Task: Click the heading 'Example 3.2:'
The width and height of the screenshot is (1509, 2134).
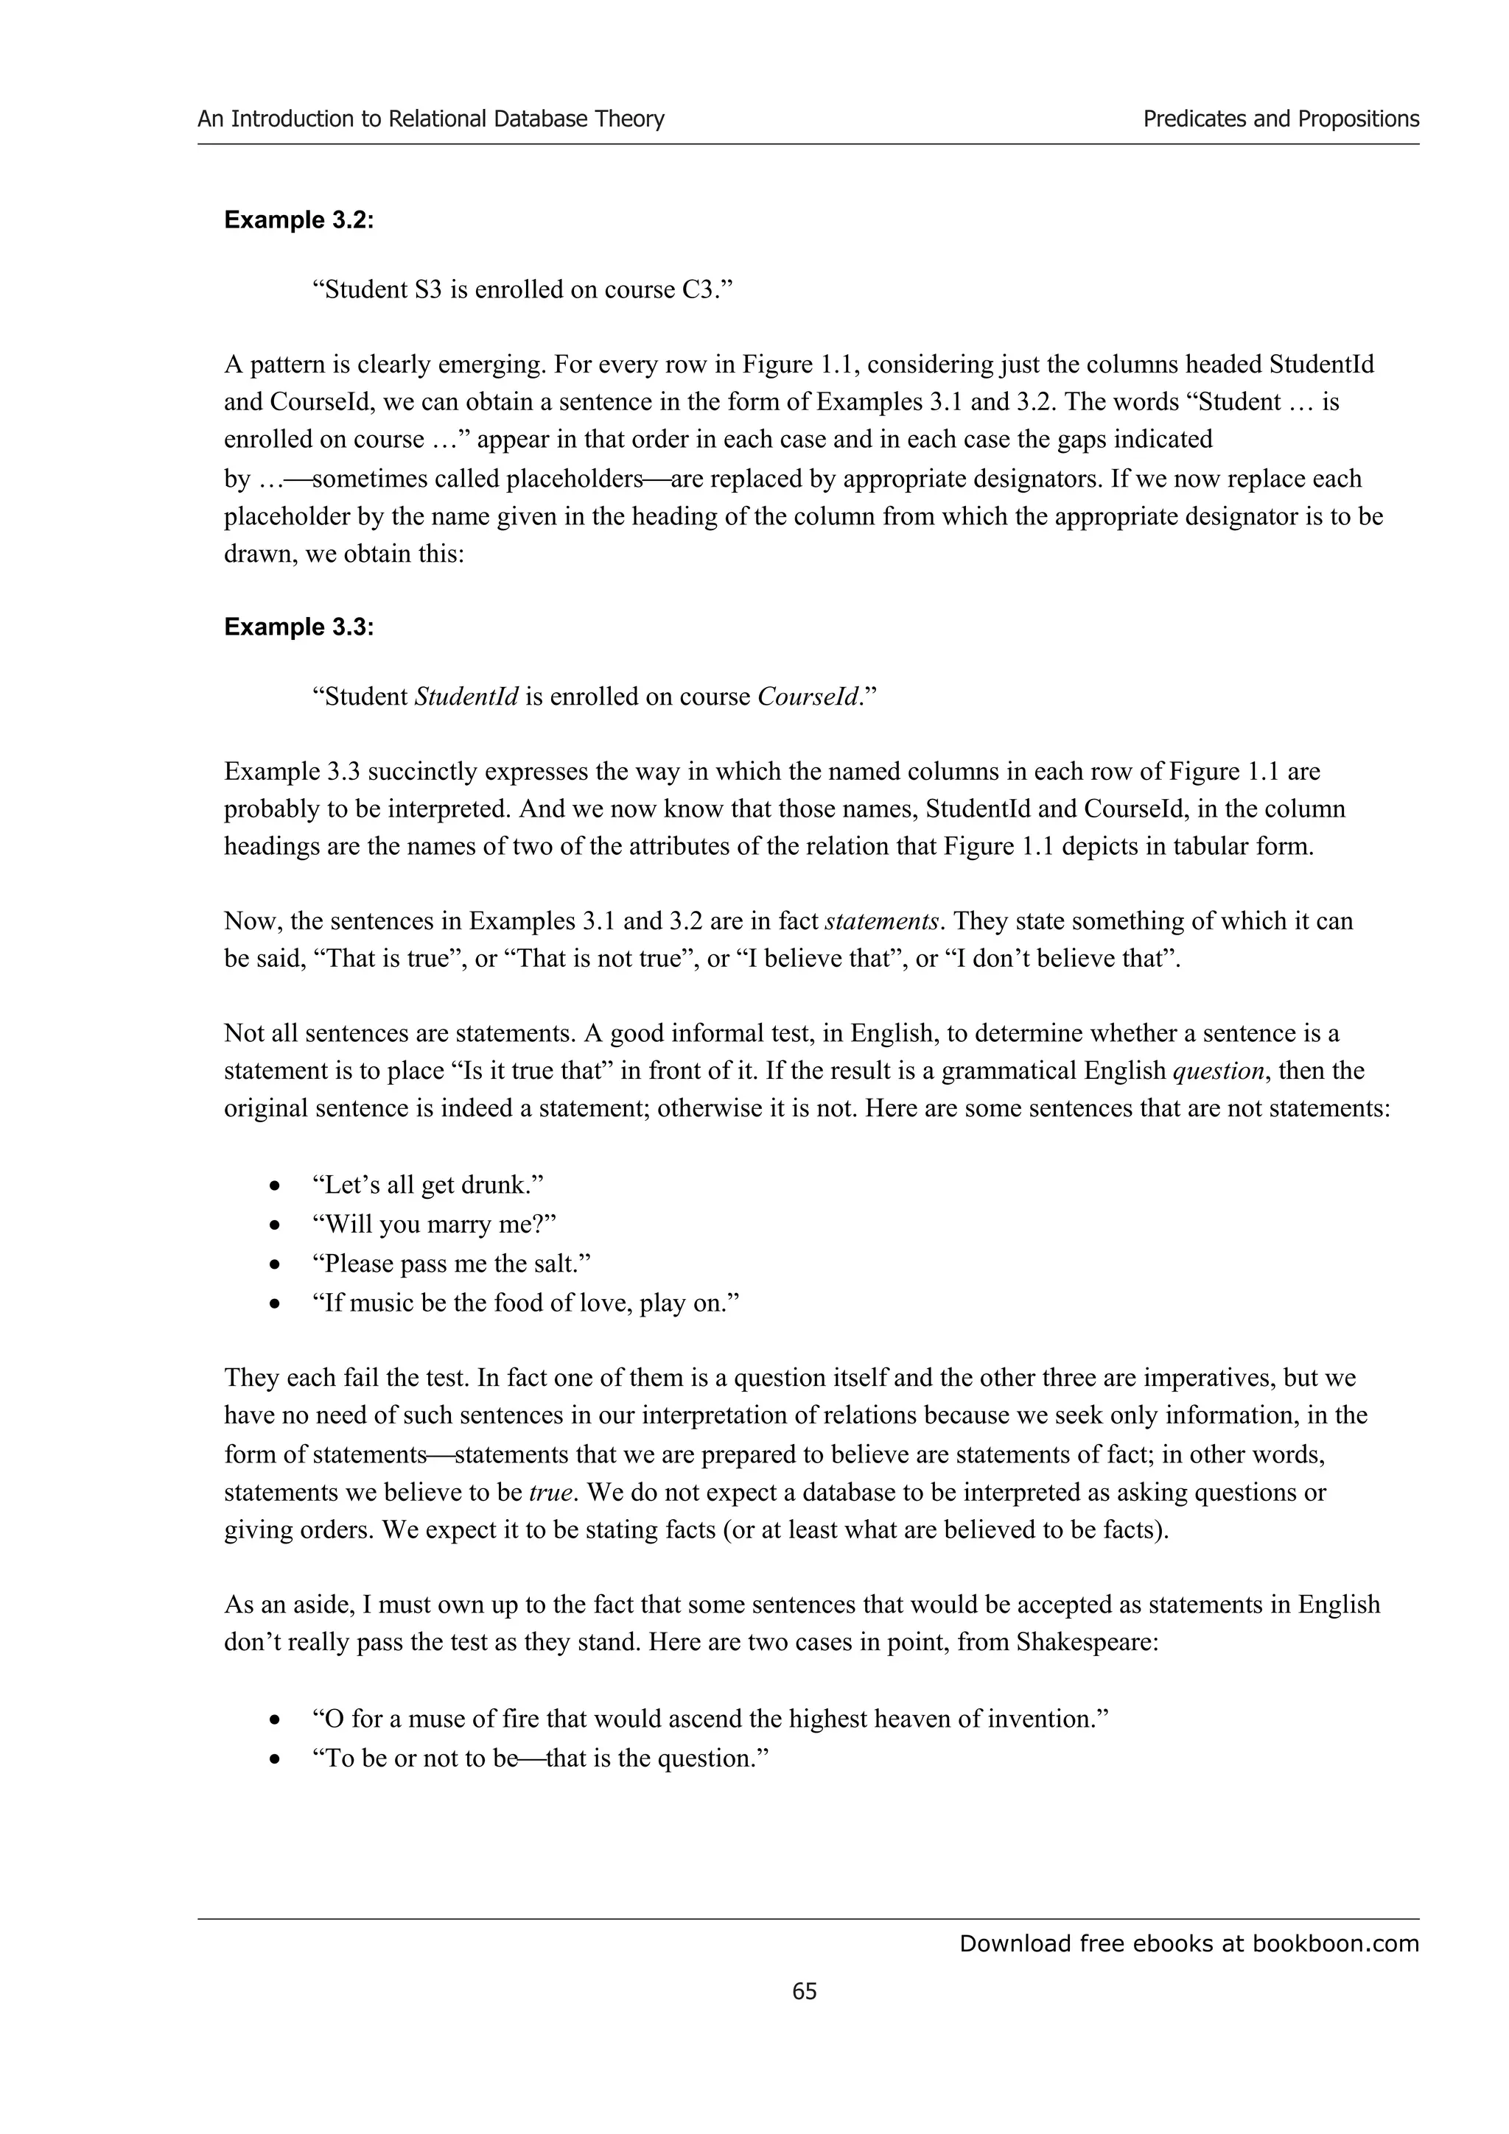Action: (x=298, y=220)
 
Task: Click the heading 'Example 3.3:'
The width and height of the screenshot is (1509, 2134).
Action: (x=298, y=627)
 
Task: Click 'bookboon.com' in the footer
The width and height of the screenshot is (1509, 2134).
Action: (x=1335, y=1943)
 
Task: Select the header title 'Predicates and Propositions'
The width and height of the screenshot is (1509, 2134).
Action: (x=1281, y=119)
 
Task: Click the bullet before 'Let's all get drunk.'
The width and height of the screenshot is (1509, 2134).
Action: (x=274, y=1187)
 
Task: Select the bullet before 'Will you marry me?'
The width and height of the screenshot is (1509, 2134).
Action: (x=274, y=1226)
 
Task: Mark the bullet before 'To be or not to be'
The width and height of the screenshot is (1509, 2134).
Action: (x=274, y=1759)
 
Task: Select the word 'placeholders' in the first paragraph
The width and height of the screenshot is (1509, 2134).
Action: (x=569, y=479)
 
